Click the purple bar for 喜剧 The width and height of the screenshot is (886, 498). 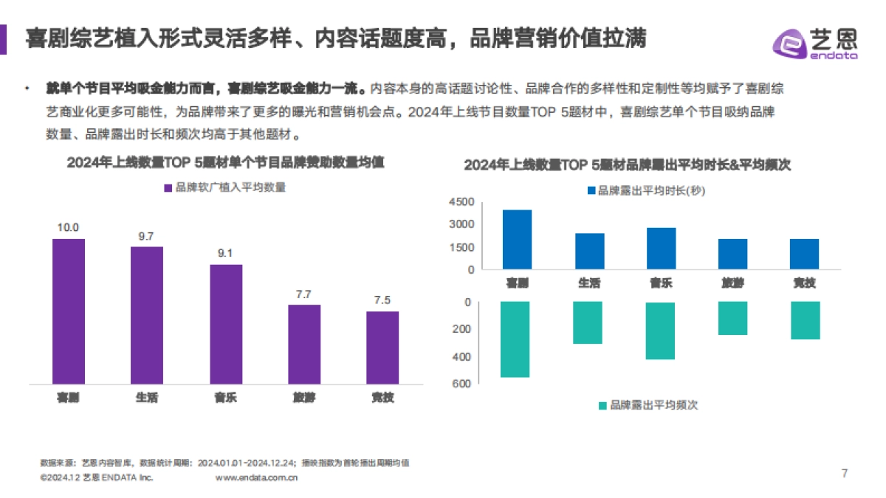[69, 311]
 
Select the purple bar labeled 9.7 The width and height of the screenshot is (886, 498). [147, 315]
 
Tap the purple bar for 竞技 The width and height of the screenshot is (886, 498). [382, 347]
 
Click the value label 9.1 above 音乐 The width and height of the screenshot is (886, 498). [225, 253]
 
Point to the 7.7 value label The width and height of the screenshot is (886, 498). [303, 294]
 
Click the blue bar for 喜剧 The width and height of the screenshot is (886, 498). [517, 240]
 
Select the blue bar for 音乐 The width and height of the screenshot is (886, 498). [661, 249]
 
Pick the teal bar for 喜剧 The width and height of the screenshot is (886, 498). [515, 339]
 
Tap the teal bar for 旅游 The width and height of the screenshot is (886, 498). [732, 318]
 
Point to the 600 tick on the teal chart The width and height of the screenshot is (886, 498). [464, 384]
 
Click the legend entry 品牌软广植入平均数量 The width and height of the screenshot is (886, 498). [224, 187]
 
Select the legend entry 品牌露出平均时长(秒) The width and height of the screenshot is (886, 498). [647, 190]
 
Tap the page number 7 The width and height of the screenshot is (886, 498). [845, 473]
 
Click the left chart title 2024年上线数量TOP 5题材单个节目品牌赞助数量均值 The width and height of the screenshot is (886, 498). [225, 162]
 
